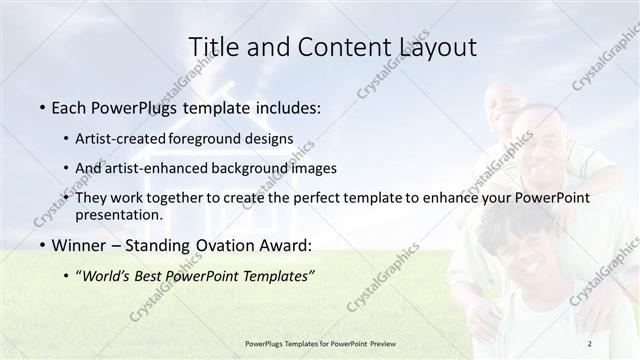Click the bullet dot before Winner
point(43,246)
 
